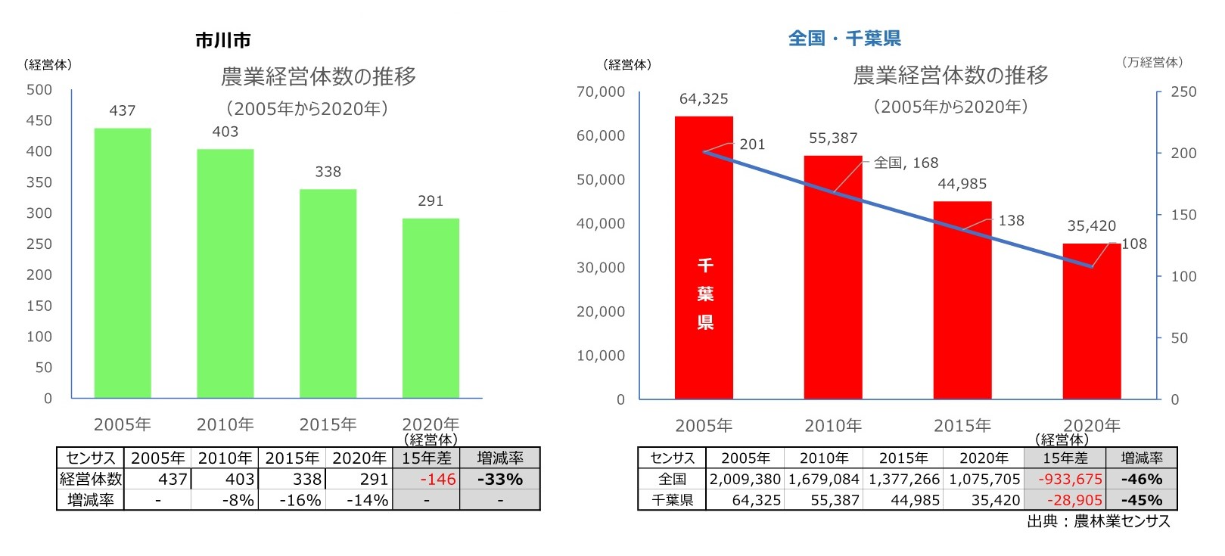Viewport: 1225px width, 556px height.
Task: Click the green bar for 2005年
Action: click(123, 262)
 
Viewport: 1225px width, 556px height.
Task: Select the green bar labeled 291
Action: click(431, 308)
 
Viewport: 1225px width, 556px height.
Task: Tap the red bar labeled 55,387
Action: click(832, 277)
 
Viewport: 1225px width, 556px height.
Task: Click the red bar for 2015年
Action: click(962, 300)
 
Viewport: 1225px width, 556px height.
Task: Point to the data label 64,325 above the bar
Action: click(704, 99)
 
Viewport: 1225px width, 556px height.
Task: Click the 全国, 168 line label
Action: click(906, 163)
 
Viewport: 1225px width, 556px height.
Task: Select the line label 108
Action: click(1133, 244)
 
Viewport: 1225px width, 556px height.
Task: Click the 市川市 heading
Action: click(222, 41)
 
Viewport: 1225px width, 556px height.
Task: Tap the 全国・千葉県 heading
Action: click(844, 39)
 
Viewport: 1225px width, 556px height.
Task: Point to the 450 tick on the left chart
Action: click(39, 120)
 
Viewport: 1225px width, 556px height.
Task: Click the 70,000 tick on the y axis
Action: click(601, 92)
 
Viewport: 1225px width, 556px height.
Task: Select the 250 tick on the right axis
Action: click(1183, 92)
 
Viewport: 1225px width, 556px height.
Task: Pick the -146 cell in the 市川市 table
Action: click(427, 480)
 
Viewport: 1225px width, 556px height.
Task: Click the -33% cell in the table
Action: click(500, 480)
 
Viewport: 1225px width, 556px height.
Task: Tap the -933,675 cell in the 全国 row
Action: click(1065, 480)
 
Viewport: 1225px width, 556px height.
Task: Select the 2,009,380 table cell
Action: click(745, 480)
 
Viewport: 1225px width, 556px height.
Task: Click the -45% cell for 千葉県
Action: click(1141, 500)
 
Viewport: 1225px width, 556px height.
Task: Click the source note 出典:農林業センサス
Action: click(1098, 521)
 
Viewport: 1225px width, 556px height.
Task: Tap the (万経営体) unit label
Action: click(1152, 63)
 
